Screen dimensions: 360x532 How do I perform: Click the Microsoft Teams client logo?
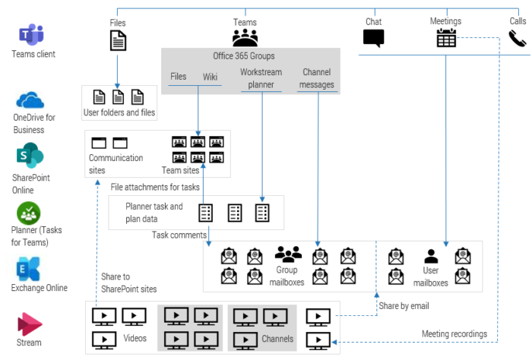32,34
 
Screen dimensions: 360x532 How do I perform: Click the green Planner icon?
29,213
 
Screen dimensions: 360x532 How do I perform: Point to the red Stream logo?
29,324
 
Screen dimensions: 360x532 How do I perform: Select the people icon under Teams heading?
245,37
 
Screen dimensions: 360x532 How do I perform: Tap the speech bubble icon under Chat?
374,38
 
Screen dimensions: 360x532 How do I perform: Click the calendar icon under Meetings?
446,38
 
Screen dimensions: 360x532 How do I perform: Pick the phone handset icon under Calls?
518,39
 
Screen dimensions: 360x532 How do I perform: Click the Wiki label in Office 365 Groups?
210,77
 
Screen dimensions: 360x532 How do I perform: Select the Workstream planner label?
261,78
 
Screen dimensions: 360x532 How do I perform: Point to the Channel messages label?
317,78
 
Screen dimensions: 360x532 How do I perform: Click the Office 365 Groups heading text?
244,56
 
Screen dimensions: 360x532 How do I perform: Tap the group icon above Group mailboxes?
289,254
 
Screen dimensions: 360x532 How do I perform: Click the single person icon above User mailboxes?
431,255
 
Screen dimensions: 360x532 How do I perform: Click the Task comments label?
179,235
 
